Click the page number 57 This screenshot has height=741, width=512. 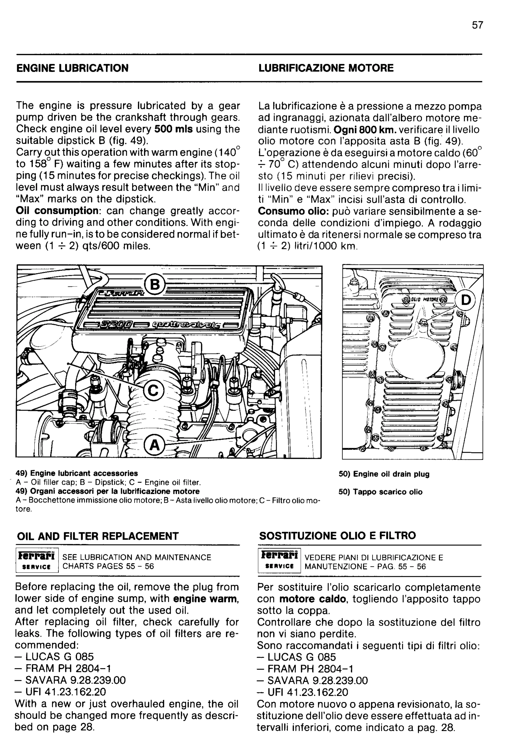pos(477,25)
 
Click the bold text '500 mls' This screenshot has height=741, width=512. pos(174,129)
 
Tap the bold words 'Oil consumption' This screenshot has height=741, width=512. pos(58,211)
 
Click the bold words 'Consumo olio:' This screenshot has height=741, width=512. pos(293,211)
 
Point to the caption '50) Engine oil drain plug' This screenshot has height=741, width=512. pos(384,474)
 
